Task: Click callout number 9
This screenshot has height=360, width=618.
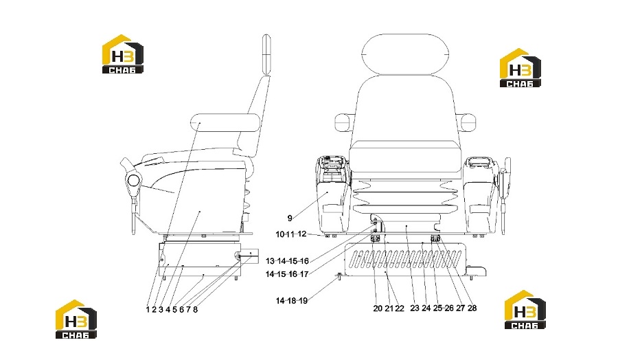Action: (x=290, y=218)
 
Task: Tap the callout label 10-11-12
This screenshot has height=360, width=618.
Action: (x=291, y=234)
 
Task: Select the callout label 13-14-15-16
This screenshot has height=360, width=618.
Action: (x=287, y=261)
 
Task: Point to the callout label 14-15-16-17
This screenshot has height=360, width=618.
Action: (x=287, y=274)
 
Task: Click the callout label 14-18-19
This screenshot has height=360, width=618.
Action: (x=292, y=301)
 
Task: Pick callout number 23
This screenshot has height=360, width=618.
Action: (x=415, y=308)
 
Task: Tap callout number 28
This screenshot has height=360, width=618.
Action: (x=472, y=308)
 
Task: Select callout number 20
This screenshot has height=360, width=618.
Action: (x=378, y=308)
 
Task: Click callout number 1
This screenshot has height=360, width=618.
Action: (x=148, y=310)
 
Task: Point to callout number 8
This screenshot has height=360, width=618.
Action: (x=196, y=310)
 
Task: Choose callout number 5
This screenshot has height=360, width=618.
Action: (x=174, y=310)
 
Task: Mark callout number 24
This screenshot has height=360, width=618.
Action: (x=426, y=308)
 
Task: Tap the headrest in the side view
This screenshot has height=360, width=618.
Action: (x=266, y=54)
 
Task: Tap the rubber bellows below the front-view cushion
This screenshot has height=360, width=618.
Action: (x=406, y=196)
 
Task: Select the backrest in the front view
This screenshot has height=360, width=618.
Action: (x=406, y=109)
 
